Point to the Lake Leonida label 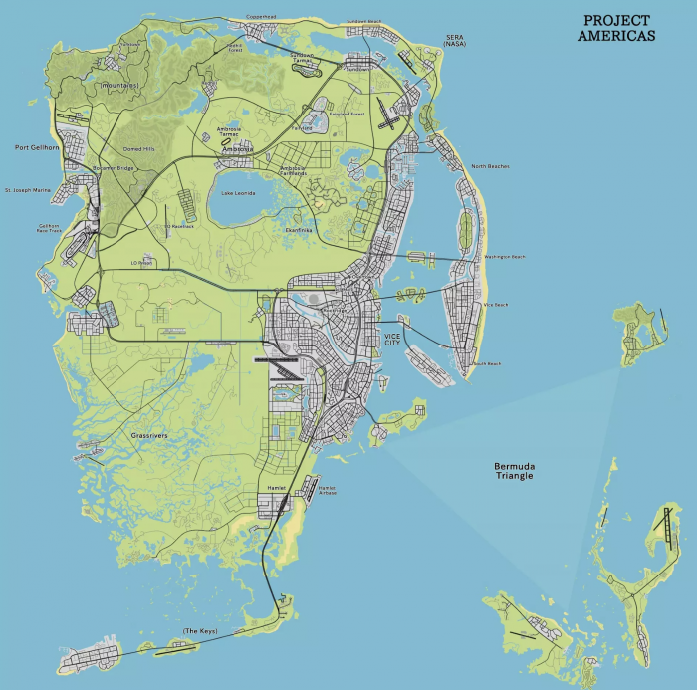tap(240, 192)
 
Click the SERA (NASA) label tap(455, 42)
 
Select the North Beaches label tap(490, 166)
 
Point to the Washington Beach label tap(504, 257)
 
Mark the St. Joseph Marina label tap(27, 189)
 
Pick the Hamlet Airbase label tap(327, 490)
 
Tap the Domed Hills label tap(138, 149)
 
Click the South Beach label tap(487, 363)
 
